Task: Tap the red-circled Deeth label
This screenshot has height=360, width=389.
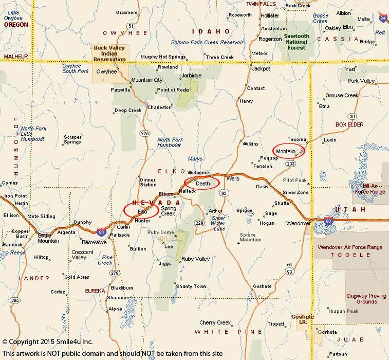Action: click(x=202, y=183)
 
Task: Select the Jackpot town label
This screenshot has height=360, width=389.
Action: click(x=261, y=68)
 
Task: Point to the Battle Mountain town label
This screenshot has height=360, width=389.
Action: click(x=48, y=238)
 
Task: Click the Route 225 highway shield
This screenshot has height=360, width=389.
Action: click(x=145, y=133)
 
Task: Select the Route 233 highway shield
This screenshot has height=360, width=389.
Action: click(x=291, y=164)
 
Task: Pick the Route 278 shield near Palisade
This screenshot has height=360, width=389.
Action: click(x=115, y=273)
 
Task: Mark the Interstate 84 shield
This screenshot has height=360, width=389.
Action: click(x=382, y=19)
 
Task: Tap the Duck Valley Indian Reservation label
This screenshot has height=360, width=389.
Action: click(x=109, y=53)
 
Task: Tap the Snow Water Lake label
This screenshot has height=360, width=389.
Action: click(x=218, y=223)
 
